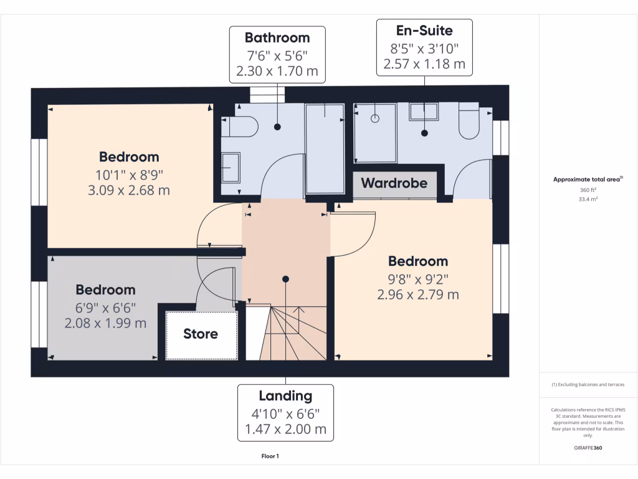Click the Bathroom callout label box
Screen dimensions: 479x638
277,54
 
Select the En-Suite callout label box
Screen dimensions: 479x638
424,47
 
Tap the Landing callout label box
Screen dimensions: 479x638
285,412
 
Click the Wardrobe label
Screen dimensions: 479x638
394,183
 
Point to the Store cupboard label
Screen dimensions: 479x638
201,334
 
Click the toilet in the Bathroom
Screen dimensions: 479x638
244,127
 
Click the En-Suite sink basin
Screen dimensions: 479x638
424,112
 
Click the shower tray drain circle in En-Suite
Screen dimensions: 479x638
376,118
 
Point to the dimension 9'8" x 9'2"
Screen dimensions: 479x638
418,278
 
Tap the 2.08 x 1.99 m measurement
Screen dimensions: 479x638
105,323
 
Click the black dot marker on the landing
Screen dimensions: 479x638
285,279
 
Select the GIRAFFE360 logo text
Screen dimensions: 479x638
588,447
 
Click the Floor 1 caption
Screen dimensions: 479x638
270,456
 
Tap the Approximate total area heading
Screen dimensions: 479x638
588,180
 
